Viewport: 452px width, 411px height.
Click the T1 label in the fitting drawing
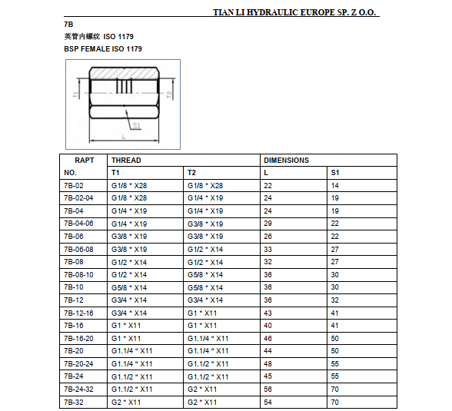point(75,94)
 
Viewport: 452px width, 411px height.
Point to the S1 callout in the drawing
point(135,124)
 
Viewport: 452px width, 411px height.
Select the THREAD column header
point(126,160)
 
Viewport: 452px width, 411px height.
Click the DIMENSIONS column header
point(286,160)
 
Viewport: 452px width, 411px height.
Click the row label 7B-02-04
point(78,197)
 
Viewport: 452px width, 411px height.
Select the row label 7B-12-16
point(78,313)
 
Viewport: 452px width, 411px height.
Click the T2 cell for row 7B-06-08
point(205,249)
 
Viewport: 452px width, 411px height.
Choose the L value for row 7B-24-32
point(268,389)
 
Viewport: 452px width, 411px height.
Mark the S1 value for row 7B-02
point(335,185)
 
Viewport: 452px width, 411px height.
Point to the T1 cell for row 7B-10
point(129,287)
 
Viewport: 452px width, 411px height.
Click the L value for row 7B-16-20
point(268,338)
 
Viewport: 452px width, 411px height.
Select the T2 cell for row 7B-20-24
point(208,363)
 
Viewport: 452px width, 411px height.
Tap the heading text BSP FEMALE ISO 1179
point(103,48)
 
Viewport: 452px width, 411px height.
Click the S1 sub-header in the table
point(334,172)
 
